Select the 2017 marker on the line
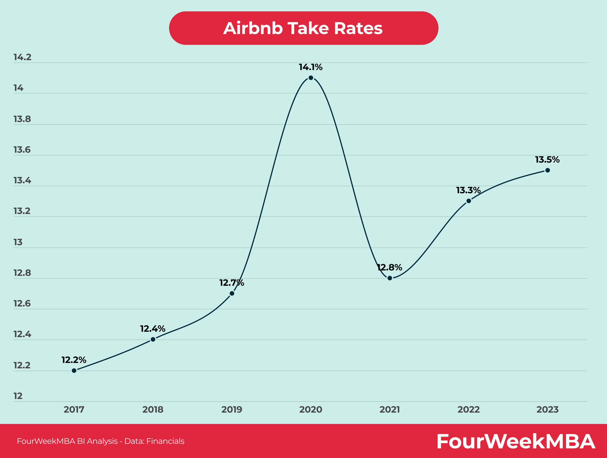point(74,370)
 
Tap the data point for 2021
point(390,278)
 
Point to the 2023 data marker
point(547,170)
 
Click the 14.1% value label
point(311,67)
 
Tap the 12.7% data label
point(232,283)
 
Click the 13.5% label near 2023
point(547,159)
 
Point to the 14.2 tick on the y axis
point(23,57)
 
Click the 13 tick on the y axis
point(18,242)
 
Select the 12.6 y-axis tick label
point(22,304)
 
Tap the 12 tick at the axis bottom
point(18,396)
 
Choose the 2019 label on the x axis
point(232,409)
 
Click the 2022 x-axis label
point(469,409)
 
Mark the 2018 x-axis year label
point(153,409)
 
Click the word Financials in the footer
point(165,441)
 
